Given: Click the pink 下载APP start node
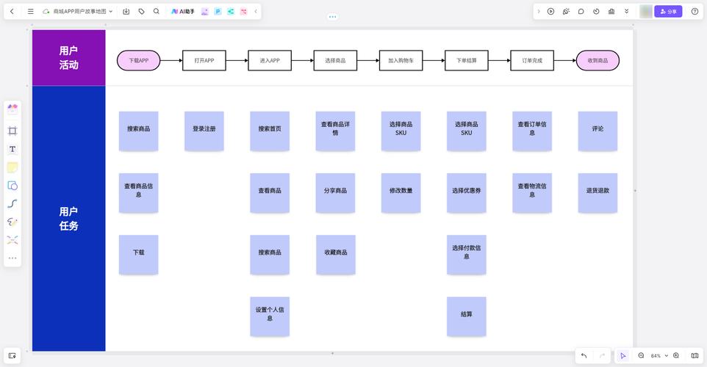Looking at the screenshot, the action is pyautogui.click(x=138, y=60).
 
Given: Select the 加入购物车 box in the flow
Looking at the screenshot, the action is pyautogui.click(x=401, y=60).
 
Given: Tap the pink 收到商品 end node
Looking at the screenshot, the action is pyautogui.click(x=597, y=60).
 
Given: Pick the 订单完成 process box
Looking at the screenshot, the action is pyautogui.click(x=532, y=60).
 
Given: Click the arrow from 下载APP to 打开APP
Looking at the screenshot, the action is pyautogui.click(x=171, y=60).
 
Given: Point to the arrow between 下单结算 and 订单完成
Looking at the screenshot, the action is pyautogui.click(x=499, y=60).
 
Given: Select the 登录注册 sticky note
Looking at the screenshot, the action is pyautogui.click(x=204, y=131).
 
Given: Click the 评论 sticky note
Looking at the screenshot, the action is pyautogui.click(x=597, y=131).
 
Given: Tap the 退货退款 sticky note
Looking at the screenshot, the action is pyautogui.click(x=597, y=193).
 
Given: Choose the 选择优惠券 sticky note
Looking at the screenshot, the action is pyautogui.click(x=466, y=193).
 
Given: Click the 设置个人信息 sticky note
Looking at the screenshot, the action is pyautogui.click(x=270, y=316).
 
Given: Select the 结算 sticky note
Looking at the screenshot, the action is pyautogui.click(x=466, y=316).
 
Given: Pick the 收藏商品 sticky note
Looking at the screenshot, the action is pyautogui.click(x=335, y=255).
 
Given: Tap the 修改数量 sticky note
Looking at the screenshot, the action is pyautogui.click(x=401, y=193).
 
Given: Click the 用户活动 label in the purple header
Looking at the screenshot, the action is pyautogui.click(x=68, y=58).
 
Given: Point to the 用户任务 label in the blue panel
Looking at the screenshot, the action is pyautogui.click(x=68, y=219).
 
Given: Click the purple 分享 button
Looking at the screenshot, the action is pyautogui.click(x=668, y=11).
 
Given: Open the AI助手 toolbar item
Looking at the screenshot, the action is pyautogui.click(x=182, y=11).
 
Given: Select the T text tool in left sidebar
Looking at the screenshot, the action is pyautogui.click(x=12, y=149).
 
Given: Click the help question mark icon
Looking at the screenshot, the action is pyautogui.click(x=695, y=11).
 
